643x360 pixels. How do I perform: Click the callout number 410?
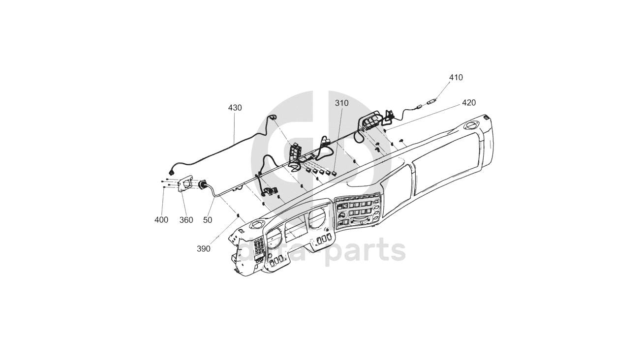pyautogui.click(x=456, y=78)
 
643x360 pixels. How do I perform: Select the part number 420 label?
pyautogui.click(x=468, y=103)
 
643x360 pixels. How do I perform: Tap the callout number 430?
pyautogui.click(x=235, y=108)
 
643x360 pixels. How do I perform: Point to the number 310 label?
pyautogui.click(x=341, y=103)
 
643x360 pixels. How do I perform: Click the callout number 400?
pyautogui.click(x=161, y=220)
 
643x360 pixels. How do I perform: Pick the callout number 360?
pyautogui.click(x=186, y=220)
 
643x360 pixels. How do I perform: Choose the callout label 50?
pyautogui.click(x=208, y=220)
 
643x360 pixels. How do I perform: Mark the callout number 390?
pyautogui.click(x=203, y=249)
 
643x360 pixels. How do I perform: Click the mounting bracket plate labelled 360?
pyautogui.click(x=186, y=184)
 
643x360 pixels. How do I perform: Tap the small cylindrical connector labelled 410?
pyautogui.click(x=431, y=103)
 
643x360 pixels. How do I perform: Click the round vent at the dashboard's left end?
pyautogui.click(x=256, y=225)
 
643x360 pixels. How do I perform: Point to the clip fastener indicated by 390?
pyautogui.click(x=238, y=215)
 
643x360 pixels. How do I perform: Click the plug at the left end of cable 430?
pyautogui.click(x=171, y=172)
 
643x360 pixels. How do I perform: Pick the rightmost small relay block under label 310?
pyautogui.click(x=334, y=173)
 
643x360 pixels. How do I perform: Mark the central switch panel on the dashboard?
pyautogui.click(x=358, y=211)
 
